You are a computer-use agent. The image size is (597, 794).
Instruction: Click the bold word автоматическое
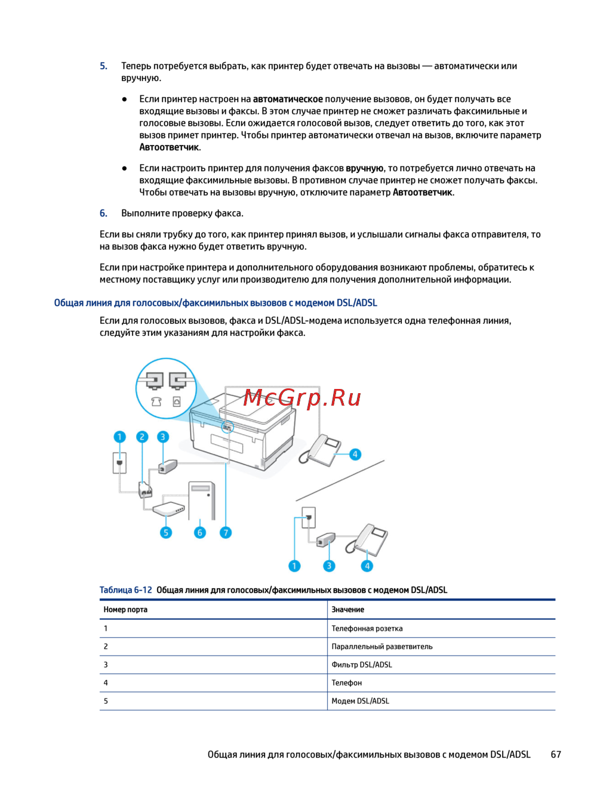click(x=288, y=99)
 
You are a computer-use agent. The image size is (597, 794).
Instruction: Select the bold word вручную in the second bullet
click(x=364, y=168)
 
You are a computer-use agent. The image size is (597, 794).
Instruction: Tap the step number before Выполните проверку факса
click(x=103, y=213)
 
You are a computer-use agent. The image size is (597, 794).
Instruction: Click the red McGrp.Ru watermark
click(x=302, y=398)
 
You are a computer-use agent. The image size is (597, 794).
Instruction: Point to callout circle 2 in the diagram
click(x=141, y=437)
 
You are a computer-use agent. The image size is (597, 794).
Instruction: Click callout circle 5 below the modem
click(x=166, y=532)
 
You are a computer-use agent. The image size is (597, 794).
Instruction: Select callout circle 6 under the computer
click(x=200, y=532)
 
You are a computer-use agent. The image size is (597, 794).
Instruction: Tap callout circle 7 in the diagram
click(x=225, y=532)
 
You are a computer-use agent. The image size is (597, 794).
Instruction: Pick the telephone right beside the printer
click(x=321, y=450)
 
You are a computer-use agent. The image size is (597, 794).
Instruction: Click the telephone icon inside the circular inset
click(x=156, y=401)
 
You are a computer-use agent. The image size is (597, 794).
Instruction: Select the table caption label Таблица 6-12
click(x=125, y=590)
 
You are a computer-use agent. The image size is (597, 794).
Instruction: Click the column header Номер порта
click(x=125, y=610)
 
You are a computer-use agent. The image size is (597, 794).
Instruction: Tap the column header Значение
click(x=347, y=610)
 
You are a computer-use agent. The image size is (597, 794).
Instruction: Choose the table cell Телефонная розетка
click(x=367, y=628)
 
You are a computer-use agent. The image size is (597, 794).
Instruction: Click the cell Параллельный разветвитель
click(x=382, y=647)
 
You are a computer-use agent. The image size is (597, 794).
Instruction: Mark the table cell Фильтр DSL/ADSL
click(x=362, y=665)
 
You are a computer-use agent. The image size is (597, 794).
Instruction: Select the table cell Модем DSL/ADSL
click(x=360, y=701)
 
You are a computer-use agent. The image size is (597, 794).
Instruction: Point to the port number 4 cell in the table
click(x=106, y=683)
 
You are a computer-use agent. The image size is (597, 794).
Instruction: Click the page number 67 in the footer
click(x=556, y=755)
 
